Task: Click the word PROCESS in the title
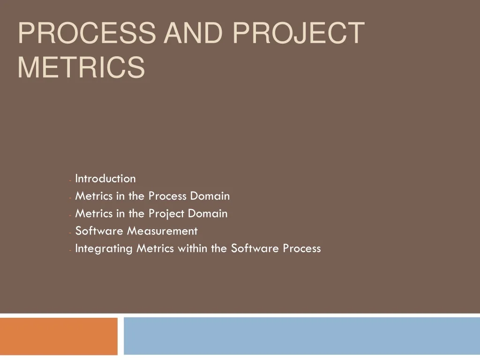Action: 87,33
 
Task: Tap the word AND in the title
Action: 193,33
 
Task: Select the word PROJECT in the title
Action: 299,33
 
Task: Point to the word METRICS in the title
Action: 81,67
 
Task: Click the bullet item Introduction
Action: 105,179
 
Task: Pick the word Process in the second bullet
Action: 167,196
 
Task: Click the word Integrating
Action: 104,249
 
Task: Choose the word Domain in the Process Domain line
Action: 210,196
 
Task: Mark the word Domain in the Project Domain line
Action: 208,213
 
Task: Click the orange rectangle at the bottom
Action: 59,336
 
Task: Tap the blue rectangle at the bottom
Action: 302,336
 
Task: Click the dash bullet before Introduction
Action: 70,180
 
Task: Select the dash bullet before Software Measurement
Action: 70,232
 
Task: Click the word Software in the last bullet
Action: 255,248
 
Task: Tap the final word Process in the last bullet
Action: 302,248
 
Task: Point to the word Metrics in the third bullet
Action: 94,213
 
